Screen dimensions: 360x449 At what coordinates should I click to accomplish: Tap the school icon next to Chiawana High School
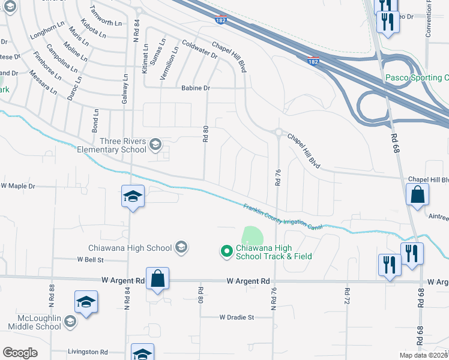tap(181, 247)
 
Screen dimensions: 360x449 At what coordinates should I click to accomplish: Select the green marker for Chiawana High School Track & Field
tap(226, 251)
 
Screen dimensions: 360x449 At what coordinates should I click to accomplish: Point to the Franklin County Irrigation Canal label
tap(283, 217)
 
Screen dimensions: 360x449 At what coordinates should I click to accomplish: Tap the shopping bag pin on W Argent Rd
tap(157, 279)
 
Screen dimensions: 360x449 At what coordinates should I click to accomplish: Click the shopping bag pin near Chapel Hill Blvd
tap(417, 195)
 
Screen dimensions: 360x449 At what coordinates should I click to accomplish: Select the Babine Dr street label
tap(196, 88)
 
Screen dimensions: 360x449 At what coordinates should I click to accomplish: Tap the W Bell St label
tap(90, 260)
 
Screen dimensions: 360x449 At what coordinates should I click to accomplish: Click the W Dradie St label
tap(237, 317)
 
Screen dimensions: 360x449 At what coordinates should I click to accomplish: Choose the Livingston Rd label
tap(88, 352)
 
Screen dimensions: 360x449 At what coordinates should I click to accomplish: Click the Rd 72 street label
tap(347, 295)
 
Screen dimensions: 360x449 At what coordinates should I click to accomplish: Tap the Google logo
tap(20, 353)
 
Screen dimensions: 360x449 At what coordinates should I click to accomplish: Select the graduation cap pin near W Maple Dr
tap(133, 196)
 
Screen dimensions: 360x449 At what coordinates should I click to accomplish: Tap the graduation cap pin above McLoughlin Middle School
tap(86, 302)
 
